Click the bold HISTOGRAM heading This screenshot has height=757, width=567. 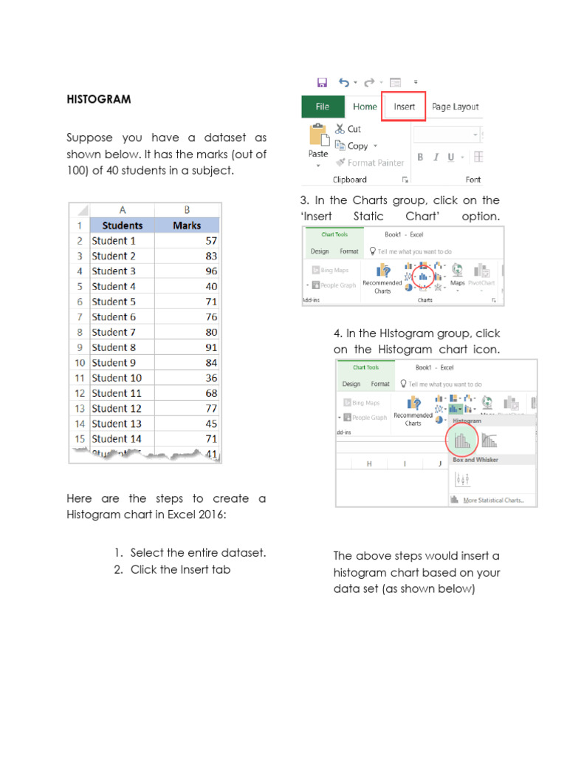pos(99,99)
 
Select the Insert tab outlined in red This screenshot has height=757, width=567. pos(404,106)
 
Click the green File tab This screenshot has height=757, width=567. pos(323,106)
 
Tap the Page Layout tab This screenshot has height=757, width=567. pos(455,106)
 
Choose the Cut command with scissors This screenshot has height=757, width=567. pos(348,129)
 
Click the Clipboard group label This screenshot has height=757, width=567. pos(350,180)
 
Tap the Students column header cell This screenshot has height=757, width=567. pos(122,225)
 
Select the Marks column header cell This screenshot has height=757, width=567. pos(187,225)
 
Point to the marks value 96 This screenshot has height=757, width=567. pos(210,271)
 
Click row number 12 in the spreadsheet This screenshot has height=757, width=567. pos(79,409)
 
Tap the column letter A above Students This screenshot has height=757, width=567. pos(122,210)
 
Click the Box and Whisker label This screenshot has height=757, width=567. pos(475,460)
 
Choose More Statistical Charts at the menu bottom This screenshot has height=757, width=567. pos(493,500)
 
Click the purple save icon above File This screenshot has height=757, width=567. pos(322,83)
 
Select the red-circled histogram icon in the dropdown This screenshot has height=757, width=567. pos(462,441)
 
